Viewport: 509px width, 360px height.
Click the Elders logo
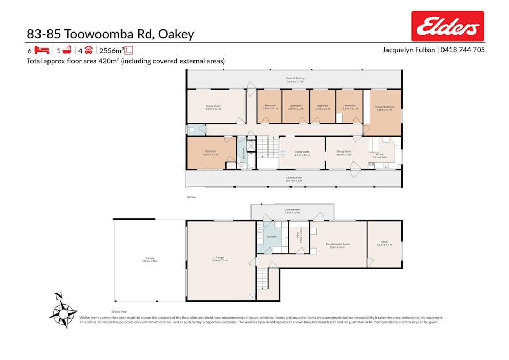tap(448, 26)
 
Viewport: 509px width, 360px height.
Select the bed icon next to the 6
tap(42, 51)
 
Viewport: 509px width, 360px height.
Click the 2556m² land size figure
tap(111, 51)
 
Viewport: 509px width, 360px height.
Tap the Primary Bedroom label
tap(384, 108)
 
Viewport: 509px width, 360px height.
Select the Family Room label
tap(213, 107)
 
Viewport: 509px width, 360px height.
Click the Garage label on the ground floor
tap(220, 259)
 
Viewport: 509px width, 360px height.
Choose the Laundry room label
tap(271, 237)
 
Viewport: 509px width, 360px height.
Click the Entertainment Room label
tap(338, 245)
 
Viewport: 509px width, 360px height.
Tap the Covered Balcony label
tap(294, 80)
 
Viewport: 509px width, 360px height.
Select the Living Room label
tap(302, 153)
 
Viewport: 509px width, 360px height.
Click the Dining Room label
tap(344, 153)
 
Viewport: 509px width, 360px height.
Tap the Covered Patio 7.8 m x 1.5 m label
tap(292, 211)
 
